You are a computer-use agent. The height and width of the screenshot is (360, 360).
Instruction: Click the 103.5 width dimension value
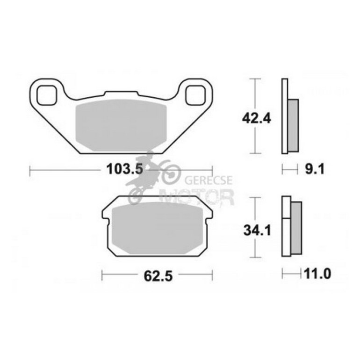click(x=122, y=171)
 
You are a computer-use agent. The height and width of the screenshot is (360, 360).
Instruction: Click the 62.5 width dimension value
click(x=158, y=276)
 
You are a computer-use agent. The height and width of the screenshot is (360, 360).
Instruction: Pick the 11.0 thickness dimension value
click(x=318, y=274)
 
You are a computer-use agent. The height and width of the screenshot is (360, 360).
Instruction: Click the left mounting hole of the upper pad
click(x=47, y=96)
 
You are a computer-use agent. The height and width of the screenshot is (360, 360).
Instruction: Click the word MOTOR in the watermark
click(x=196, y=197)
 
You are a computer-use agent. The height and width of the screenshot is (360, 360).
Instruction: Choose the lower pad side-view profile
click(x=290, y=227)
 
